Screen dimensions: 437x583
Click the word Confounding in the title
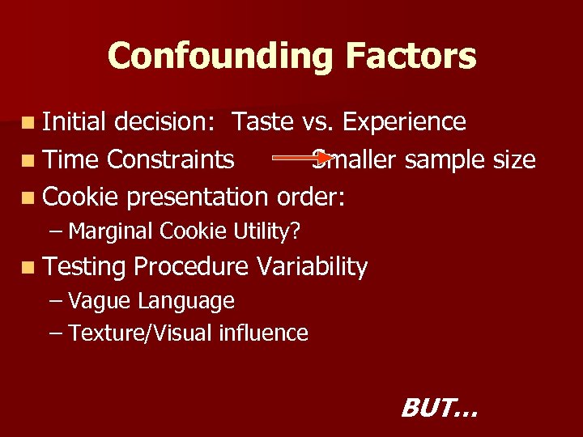point(219,56)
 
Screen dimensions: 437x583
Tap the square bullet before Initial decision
point(29,123)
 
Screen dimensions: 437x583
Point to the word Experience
point(404,121)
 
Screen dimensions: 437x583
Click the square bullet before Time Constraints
point(29,160)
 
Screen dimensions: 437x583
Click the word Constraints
point(171,159)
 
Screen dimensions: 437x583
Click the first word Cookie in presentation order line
point(81,197)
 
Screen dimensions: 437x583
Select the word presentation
point(198,197)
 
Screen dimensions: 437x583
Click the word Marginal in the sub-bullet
point(112,231)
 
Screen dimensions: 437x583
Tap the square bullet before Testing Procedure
point(29,268)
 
